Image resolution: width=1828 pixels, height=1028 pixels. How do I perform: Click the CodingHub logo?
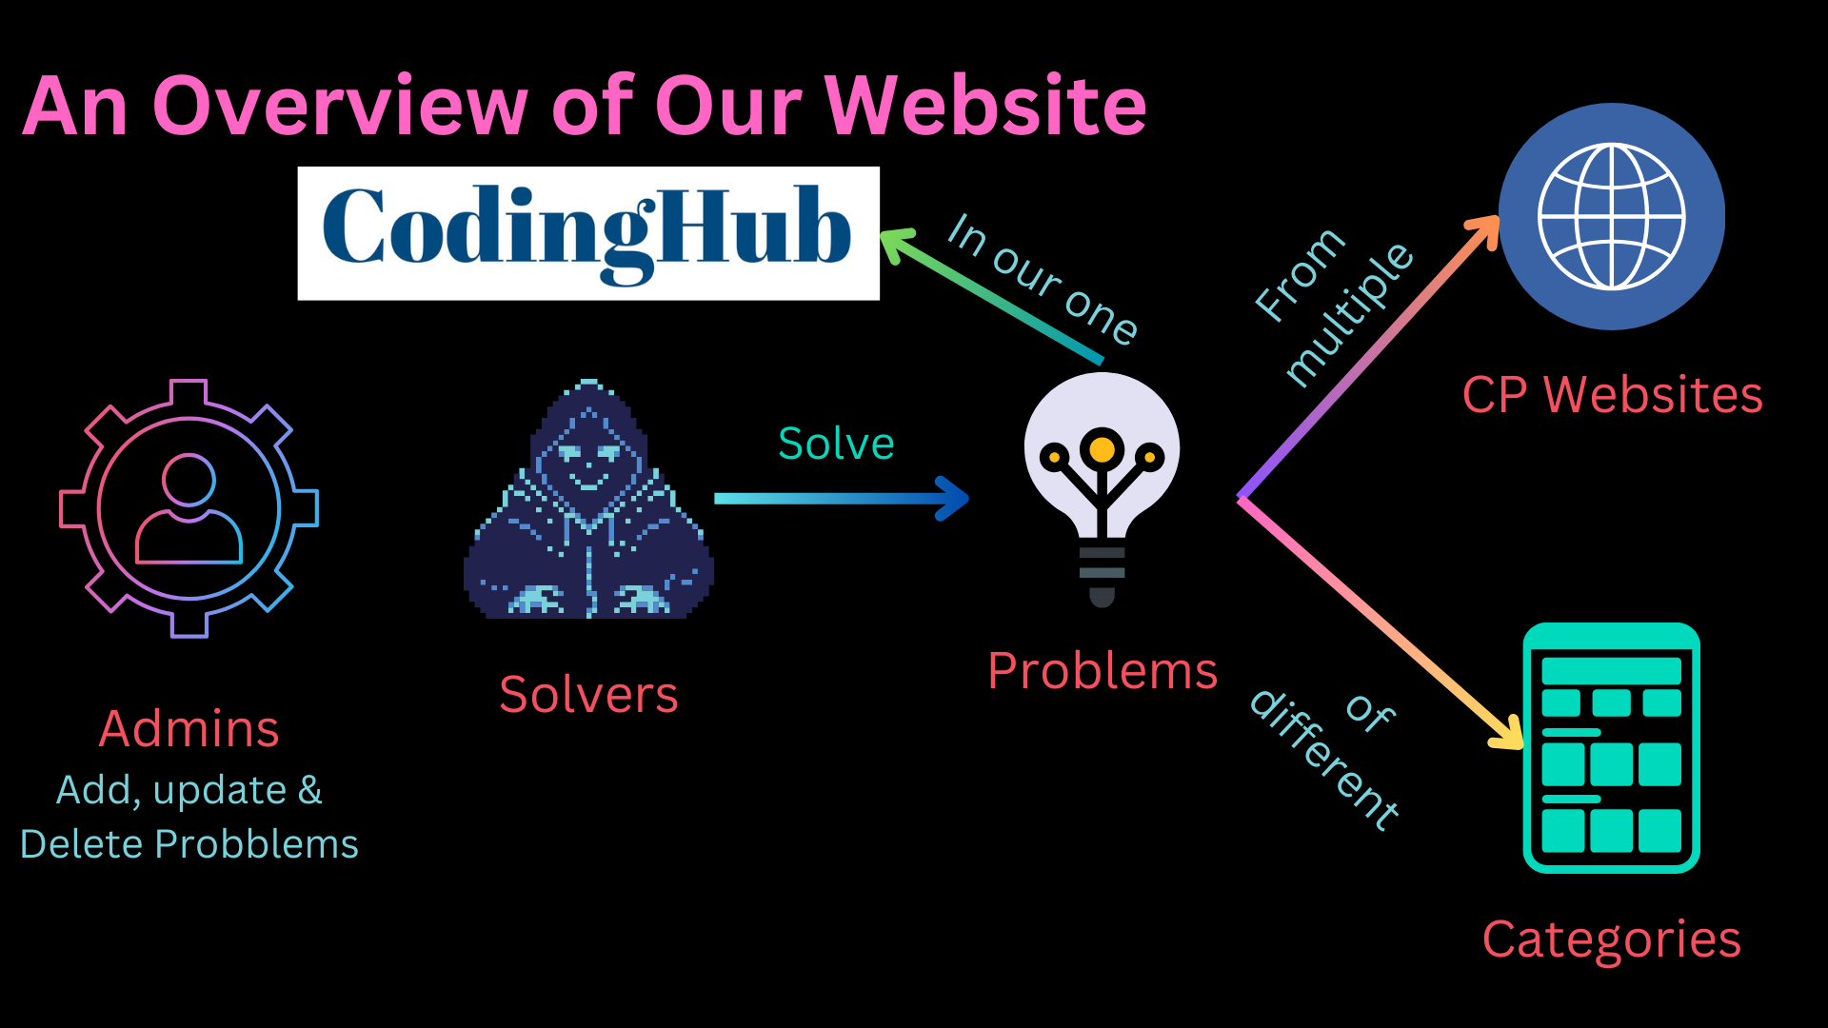(587, 233)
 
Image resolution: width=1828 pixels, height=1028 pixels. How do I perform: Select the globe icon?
(1611, 216)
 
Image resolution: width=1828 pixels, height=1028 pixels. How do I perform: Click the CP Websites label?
(1612, 394)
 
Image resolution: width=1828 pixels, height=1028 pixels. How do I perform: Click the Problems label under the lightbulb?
(1103, 671)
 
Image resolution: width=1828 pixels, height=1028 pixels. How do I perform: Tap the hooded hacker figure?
(588, 504)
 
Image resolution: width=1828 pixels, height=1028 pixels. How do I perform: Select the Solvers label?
(588, 695)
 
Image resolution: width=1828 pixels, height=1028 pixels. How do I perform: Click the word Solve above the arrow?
(836, 444)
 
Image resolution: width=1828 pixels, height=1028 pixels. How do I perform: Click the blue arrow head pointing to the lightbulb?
(953, 499)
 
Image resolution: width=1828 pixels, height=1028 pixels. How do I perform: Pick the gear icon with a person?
(189, 507)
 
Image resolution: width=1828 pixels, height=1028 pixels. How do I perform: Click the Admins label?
(189, 729)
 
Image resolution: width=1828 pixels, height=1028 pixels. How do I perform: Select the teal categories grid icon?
(1611, 748)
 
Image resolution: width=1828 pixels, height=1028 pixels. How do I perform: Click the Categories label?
(1611, 939)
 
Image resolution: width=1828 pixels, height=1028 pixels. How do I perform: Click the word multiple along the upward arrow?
(1349, 314)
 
